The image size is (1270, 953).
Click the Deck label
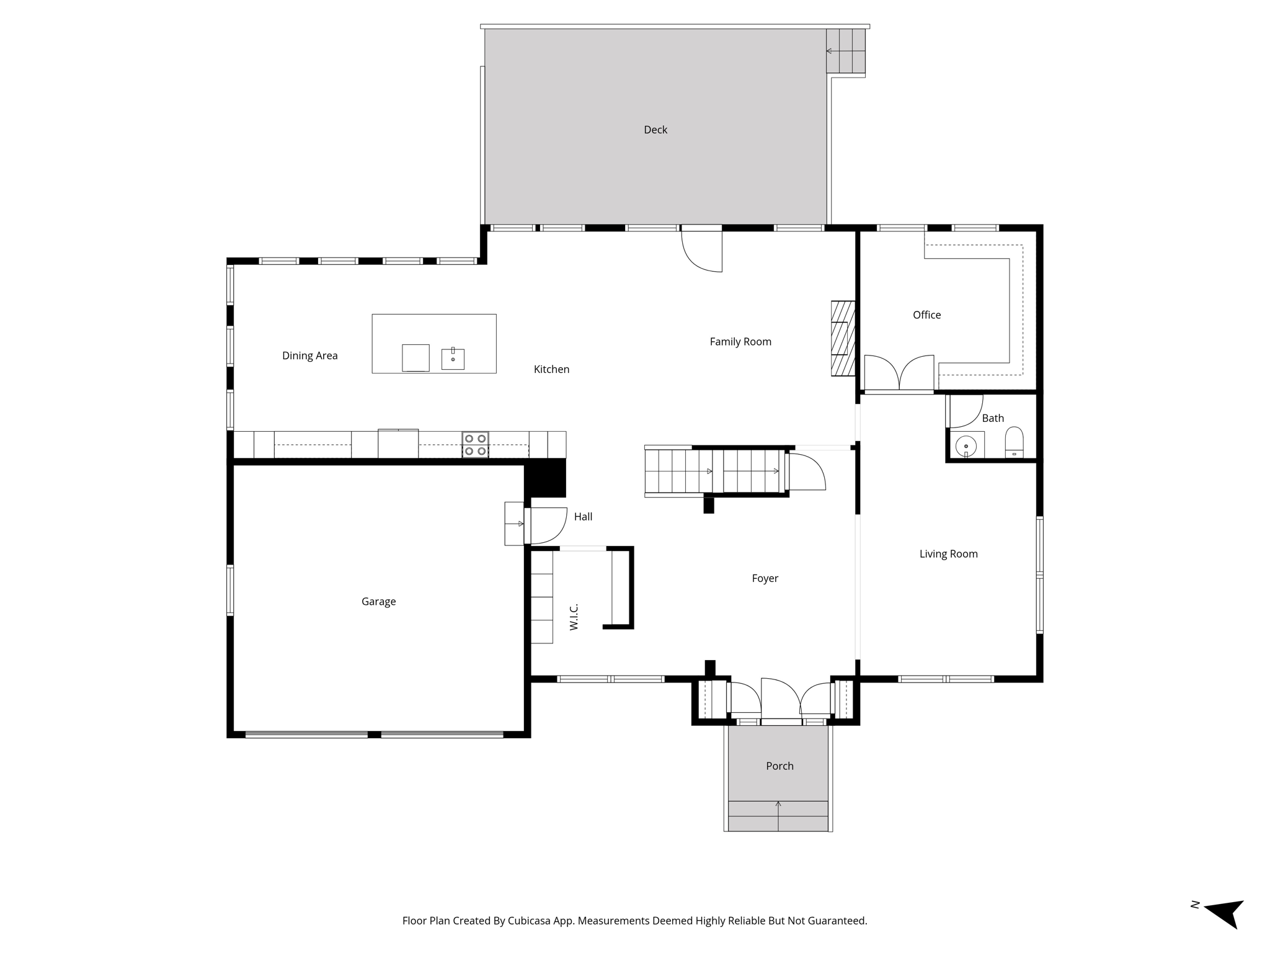tap(655, 130)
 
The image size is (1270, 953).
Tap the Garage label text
tap(378, 601)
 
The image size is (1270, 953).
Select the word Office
tap(926, 315)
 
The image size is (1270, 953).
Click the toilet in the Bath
tap(1014, 442)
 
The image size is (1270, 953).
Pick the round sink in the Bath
tap(966, 446)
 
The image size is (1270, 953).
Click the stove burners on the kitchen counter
tap(475, 445)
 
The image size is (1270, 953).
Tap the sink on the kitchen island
tap(453, 359)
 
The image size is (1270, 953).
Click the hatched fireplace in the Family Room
tap(843, 338)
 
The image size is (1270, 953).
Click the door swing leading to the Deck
tap(702, 250)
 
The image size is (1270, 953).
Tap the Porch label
tap(779, 766)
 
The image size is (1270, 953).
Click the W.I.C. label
tap(574, 617)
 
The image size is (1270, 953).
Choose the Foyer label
tap(765, 578)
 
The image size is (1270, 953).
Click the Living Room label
tap(948, 554)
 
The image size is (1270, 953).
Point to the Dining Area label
tap(309, 356)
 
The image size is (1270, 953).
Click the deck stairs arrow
tap(837, 51)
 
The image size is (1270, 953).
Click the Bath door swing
tap(964, 411)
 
